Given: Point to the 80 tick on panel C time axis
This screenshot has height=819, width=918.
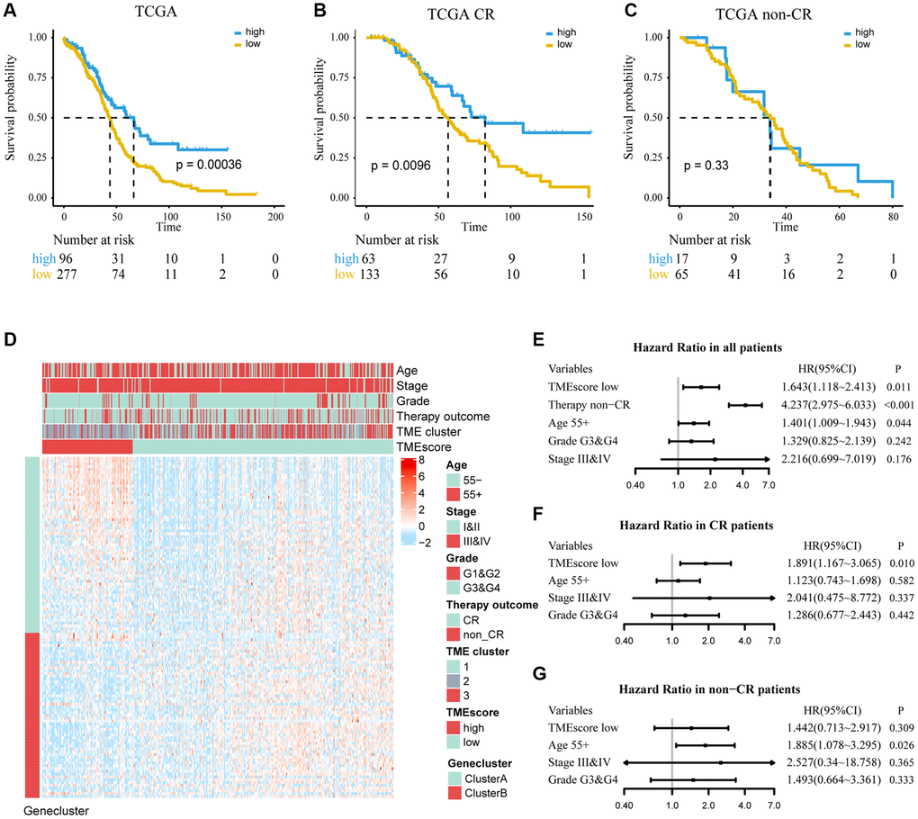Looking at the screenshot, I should coord(893,217).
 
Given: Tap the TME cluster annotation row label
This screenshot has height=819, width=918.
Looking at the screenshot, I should coord(436,430).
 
